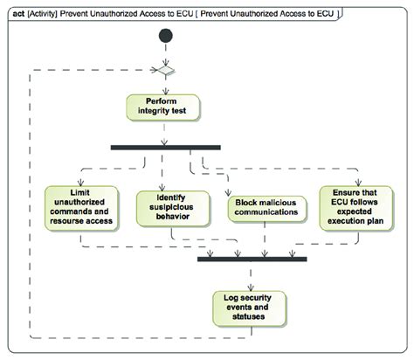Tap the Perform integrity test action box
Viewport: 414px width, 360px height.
[165, 107]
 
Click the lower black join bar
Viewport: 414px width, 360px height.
[252, 260]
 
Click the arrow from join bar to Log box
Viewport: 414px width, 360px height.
[252, 275]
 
